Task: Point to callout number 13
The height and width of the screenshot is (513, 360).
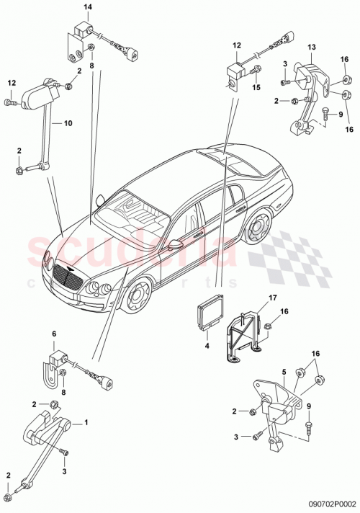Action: tap(312, 48)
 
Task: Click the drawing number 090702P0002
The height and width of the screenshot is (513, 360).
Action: tap(330, 506)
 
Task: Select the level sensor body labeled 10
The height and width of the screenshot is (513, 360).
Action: tap(35, 94)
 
